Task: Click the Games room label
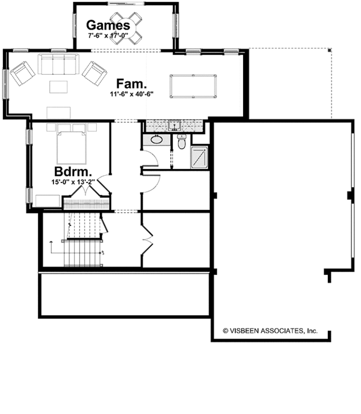(108, 25)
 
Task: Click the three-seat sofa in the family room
(55, 63)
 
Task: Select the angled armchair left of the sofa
(21, 73)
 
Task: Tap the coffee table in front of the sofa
(58, 87)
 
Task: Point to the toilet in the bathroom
(181, 143)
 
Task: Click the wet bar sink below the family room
(174, 126)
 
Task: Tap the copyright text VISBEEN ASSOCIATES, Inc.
(270, 330)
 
